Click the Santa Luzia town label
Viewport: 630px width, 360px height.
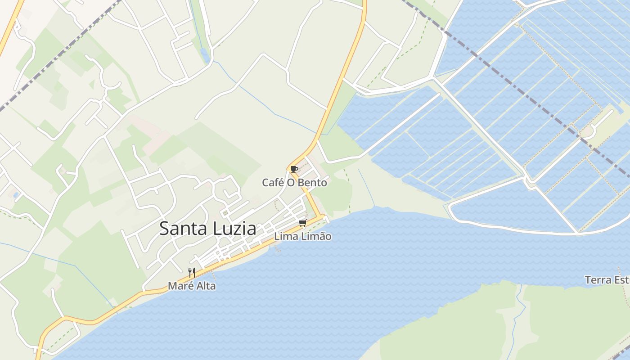click(207, 229)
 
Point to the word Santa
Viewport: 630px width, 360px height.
click(182, 229)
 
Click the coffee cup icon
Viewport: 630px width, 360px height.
click(294, 169)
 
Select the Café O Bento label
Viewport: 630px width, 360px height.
click(294, 183)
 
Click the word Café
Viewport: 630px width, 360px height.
click(273, 183)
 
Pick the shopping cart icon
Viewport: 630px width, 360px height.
click(302, 223)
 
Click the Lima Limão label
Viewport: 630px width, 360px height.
click(302, 237)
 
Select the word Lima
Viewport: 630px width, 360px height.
click(285, 237)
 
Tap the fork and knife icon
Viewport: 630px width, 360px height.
click(191, 272)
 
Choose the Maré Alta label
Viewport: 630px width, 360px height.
click(191, 286)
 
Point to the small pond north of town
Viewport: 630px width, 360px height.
click(204, 56)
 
